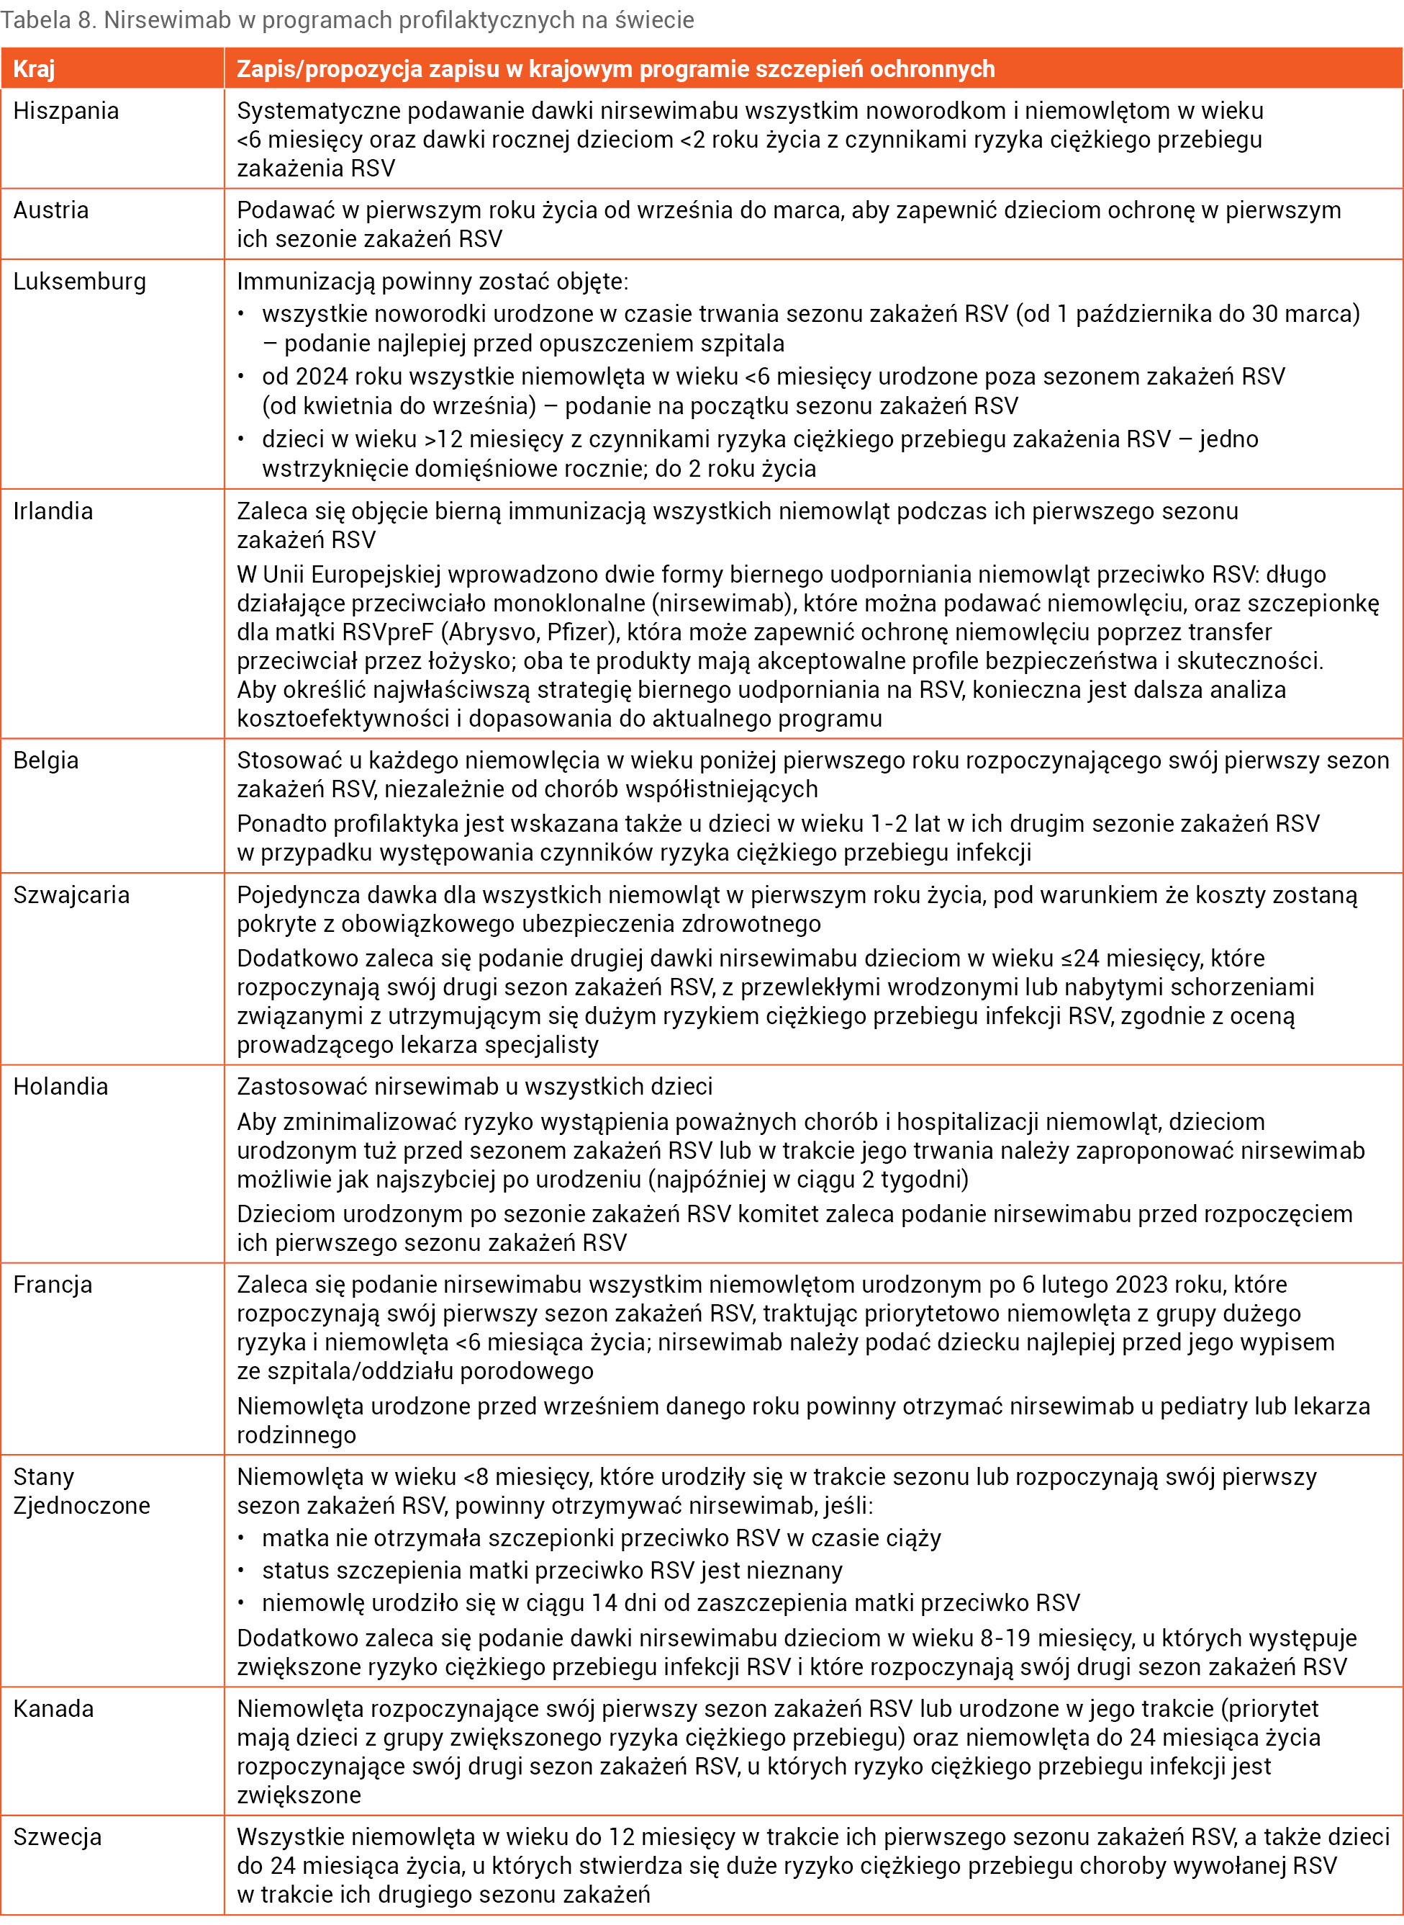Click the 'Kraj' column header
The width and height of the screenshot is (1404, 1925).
(34, 69)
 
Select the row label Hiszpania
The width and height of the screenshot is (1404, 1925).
(65, 112)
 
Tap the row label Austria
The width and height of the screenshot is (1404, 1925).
(51, 210)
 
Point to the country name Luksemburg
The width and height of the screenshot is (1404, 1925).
(79, 282)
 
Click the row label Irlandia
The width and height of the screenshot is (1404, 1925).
(53, 511)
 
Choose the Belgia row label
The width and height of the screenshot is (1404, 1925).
(46, 760)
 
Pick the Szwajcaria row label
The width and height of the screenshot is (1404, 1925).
(71, 894)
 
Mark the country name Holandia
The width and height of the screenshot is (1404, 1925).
(60, 1087)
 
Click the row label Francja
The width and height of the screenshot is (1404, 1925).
(53, 1284)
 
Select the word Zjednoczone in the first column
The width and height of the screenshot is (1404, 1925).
(81, 1505)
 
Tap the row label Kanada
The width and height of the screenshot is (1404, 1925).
(53, 1708)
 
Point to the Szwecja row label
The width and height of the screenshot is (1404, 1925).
(57, 1836)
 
